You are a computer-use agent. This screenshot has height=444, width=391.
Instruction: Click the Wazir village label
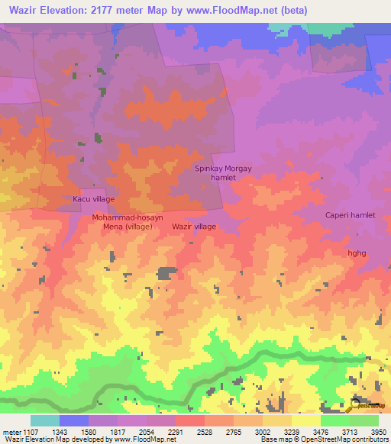[x=194, y=227]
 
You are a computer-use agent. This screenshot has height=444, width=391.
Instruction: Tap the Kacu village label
[x=93, y=199]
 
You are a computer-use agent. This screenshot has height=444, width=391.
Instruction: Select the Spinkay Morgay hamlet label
[x=223, y=172]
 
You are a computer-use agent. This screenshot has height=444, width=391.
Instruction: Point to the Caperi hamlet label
[x=351, y=215]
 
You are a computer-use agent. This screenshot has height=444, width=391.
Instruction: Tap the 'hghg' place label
[x=357, y=253]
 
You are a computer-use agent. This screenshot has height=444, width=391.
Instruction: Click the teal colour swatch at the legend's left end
[x=44, y=420]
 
